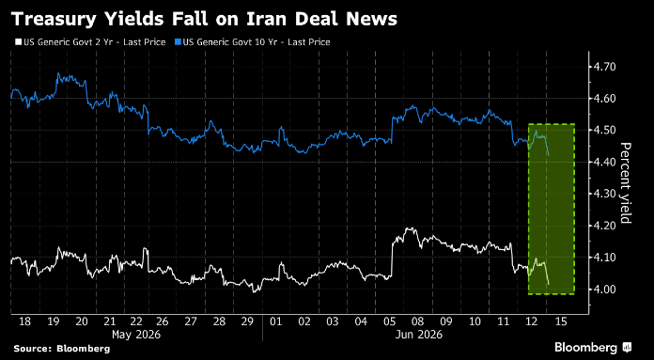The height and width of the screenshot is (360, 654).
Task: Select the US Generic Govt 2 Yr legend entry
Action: tap(90, 42)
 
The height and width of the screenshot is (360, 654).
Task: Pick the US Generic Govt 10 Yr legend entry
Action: tap(252, 42)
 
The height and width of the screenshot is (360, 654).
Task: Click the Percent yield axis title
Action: tap(626, 182)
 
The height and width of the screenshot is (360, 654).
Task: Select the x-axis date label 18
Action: tap(25, 321)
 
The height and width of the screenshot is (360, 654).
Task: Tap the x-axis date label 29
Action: tap(247, 321)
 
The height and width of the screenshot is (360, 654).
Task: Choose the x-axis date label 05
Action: tap(389, 321)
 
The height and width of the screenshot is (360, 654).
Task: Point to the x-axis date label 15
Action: tap(561, 321)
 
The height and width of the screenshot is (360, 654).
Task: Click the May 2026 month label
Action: tap(136, 335)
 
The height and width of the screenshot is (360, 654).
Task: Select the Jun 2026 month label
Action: tap(418, 335)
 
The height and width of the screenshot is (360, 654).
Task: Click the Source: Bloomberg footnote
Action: tap(62, 349)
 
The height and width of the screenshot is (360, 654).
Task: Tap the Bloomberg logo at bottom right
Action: tap(593, 348)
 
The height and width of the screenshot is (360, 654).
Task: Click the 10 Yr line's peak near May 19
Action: tap(58, 73)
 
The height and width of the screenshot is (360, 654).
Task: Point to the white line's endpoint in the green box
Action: tap(549, 285)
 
